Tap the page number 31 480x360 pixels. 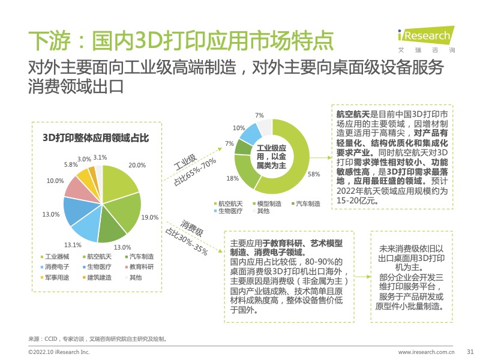pyautogui.click(x=470, y=352)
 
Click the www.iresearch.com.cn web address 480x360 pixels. pyautogui.click(x=427, y=352)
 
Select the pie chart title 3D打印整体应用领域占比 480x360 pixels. pyautogui.click(x=95, y=137)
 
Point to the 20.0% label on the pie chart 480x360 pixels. pyautogui.click(x=137, y=165)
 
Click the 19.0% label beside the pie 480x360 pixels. pyautogui.click(x=150, y=217)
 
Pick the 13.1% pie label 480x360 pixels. pyautogui.click(x=73, y=244)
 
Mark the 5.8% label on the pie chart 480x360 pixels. pyautogui.click(x=71, y=164)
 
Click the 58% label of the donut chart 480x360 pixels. pyautogui.click(x=313, y=175)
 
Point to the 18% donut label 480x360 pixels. pyautogui.click(x=232, y=178)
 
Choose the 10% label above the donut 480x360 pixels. pyautogui.click(x=239, y=128)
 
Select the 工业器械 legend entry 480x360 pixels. pyautogui.click(x=58, y=257)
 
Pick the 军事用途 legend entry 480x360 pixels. pyautogui.click(x=58, y=277)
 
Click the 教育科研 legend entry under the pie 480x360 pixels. pyautogui.click(x=142, y=267)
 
